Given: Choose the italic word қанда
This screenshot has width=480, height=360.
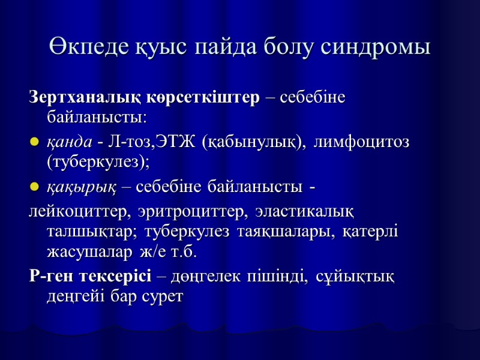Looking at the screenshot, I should [70, 143].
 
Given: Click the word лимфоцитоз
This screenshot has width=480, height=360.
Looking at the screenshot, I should [363, 143].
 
